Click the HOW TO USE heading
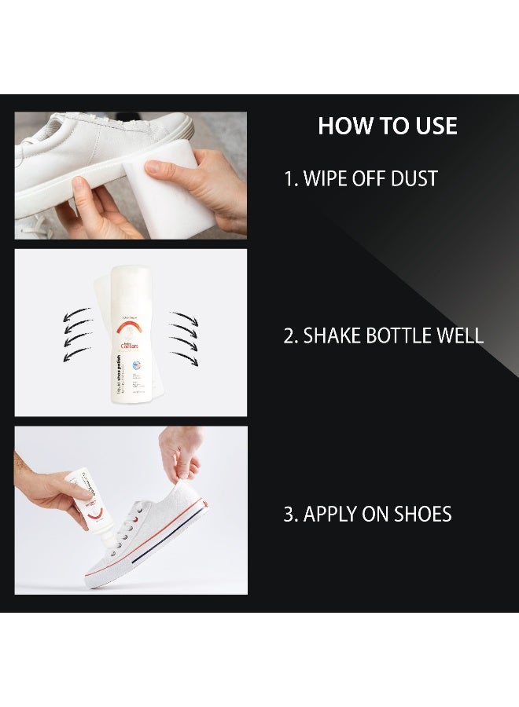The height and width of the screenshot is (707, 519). [x=387, y=126]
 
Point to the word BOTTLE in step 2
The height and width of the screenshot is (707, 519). [x=397, y=336]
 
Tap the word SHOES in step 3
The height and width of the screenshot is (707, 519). [x=425, y=515]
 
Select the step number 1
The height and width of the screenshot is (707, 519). [x=288, y=179]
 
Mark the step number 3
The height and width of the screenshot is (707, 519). [x=289, y=515]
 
